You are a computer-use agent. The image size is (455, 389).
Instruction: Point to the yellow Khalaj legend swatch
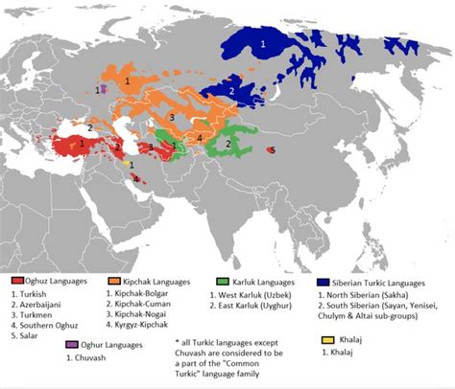pyautogui.click(x=330, y=338)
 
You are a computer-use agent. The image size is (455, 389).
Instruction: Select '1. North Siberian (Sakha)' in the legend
pyautogui.click(x=374, y=297)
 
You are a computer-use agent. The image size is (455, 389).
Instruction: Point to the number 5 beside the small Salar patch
pyautogui.click(x=273, y=150)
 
